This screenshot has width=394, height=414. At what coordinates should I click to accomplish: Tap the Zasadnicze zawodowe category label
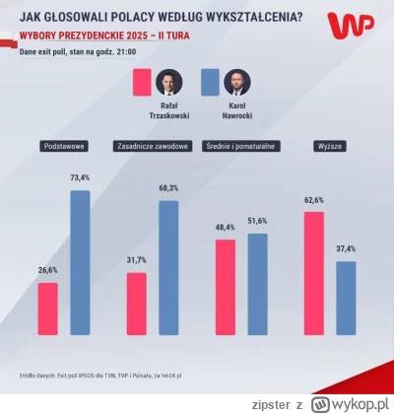(153, 148)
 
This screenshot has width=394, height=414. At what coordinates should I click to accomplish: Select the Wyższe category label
(328, 148)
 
